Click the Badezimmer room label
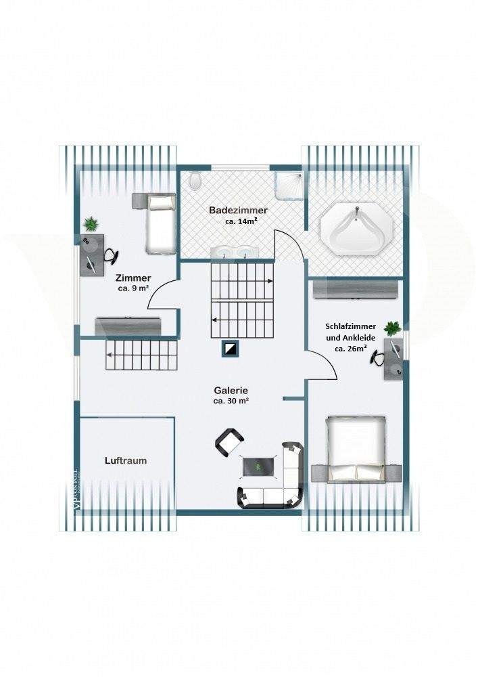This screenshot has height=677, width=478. tap(237, 211)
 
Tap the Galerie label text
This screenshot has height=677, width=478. tap(231, 391)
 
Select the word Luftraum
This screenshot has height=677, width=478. tap(126, 460)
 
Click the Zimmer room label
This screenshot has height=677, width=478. tap(133, 278)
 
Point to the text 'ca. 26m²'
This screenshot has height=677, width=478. tap(351, 349)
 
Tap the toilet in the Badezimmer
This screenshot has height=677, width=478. tap(196, 180)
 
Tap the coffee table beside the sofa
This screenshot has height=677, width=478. tap(259, 466)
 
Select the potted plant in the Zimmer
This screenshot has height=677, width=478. tap(91, 223)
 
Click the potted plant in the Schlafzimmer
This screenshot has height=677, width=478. tap(392, 328)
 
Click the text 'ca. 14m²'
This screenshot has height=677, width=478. tap(241, 221)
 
